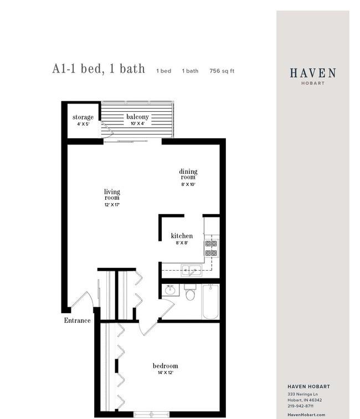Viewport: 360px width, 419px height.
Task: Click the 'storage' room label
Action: point(83,117)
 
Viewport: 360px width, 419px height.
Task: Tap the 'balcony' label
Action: point(137,117)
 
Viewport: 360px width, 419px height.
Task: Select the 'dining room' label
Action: point(188,174)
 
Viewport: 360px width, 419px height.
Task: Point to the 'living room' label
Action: point(112,194)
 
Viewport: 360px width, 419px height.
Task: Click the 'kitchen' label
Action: point(182,236)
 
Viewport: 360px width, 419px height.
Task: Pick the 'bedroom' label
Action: point(165,366)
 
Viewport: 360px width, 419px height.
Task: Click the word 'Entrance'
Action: point(77,320)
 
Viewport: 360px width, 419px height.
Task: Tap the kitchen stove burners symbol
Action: point(211,247)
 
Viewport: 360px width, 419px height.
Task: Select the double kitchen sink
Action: point(192,270)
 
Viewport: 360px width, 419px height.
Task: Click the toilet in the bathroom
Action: point(190,293)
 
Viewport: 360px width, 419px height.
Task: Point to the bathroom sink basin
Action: point(171,289)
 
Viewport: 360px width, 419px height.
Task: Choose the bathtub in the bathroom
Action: point(210,301)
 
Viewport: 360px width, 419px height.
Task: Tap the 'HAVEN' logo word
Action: point(312,73)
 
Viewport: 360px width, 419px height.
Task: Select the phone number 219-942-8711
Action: point(300,406)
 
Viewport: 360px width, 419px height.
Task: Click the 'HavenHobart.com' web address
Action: point(306,415)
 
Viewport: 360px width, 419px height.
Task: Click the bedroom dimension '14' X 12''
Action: point(165,373)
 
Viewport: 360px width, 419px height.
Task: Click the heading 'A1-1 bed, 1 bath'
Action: point(99,69)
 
